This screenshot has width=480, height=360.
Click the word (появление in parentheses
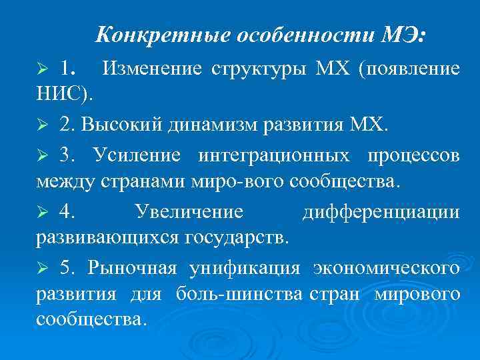click(409, 69)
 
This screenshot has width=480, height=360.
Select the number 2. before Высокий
click(68, 125)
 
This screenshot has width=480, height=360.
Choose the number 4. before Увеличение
click(67, 212)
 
